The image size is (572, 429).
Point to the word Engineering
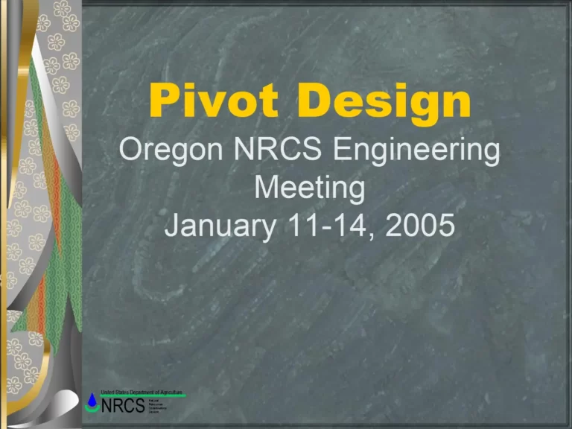tap(416, 153)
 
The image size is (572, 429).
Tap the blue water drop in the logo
tap(92, 401)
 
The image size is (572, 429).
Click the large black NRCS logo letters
tap(123, 407)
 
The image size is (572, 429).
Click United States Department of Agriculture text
tap(142, 392)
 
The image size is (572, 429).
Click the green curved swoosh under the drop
tap(93, 410)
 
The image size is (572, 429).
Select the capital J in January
tap(172, 225)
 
